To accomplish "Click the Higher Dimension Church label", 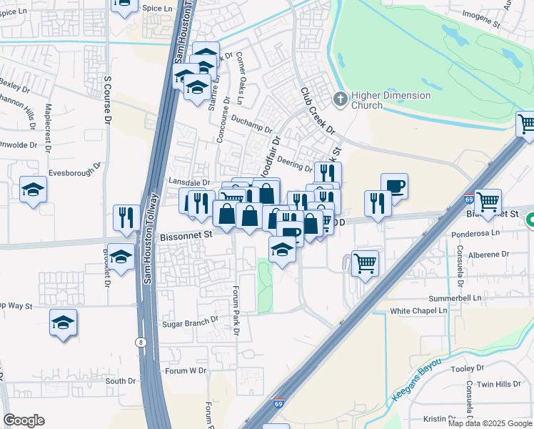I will [392, 100].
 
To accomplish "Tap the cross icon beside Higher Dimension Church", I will [341, 99].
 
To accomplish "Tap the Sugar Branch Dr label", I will [190, 323].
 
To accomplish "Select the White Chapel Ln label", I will [418, 311].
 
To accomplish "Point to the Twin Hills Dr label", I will [499, 384].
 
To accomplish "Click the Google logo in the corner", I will [24, 420].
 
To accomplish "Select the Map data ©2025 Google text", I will [489, 423].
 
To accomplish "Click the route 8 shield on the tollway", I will [141, 343].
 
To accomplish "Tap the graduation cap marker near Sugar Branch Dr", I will [64, 323].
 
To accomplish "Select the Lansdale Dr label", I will [189, 183].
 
